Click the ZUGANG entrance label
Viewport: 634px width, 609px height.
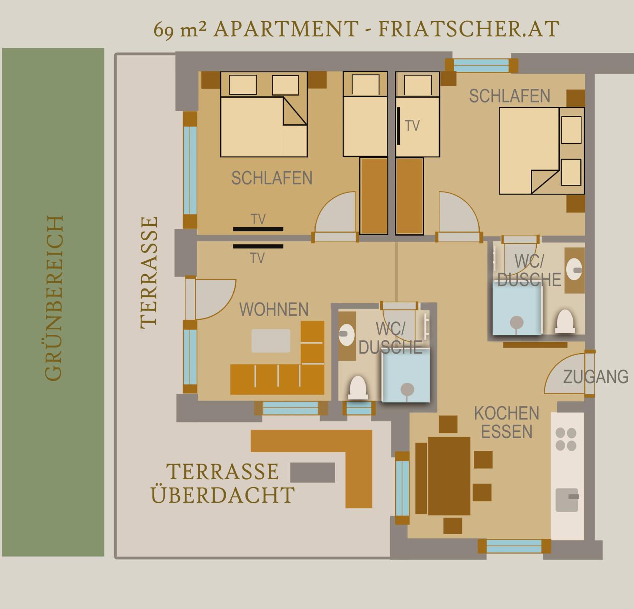(x=596, y=377)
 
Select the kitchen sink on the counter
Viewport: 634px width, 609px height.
(x=567, y=500)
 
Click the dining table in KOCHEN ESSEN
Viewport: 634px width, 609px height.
(x=449, y=476)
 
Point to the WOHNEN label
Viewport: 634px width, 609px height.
(x=274, y=309)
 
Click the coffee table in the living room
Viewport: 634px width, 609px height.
(x=271, y=341)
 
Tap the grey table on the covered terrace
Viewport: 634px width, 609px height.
(x=313, y=472)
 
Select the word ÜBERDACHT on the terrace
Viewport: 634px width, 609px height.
(x=223, y=495)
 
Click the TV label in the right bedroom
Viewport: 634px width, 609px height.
(x=412, y=126)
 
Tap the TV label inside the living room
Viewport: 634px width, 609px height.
(x=257, y=258)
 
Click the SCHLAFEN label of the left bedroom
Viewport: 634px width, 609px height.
(x=272, y=178)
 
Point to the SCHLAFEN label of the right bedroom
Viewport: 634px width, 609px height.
(x=510, y=96)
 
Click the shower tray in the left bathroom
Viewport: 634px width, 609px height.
(x=406, y=375)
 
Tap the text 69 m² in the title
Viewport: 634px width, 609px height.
(x=179, y=30)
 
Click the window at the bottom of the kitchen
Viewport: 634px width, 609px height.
(x=514, y=546)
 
